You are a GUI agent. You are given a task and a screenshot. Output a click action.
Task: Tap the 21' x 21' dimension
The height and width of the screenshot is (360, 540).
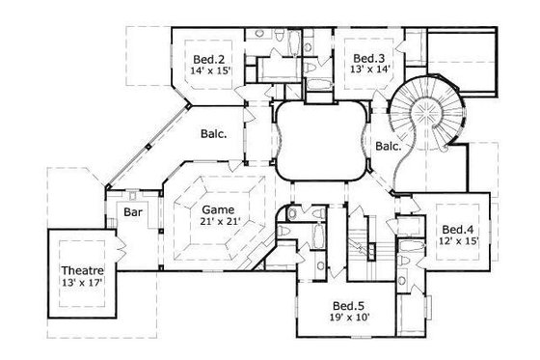pos(217,220)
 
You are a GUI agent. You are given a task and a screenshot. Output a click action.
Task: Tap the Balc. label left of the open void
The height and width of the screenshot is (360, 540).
pos(214,135)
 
